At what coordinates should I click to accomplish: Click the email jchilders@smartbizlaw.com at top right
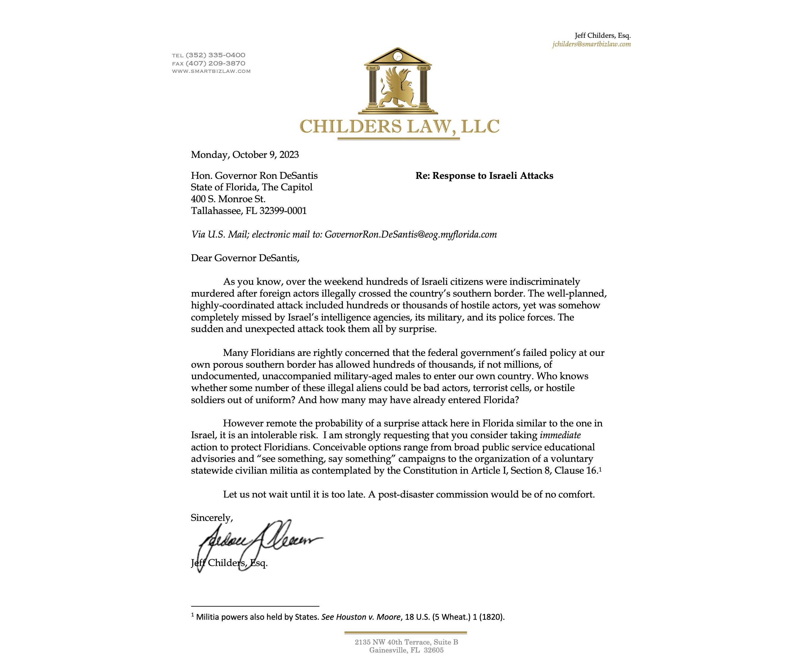[x=591, y=44]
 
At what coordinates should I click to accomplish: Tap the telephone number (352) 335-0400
[x=216, y=55]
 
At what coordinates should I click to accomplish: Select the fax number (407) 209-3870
[x=216, y=63]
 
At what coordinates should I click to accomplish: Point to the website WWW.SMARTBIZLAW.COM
[x=211, y=71]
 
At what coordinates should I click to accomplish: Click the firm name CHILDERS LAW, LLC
[x=399, y=127]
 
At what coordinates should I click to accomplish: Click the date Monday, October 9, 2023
[x=245, y=155]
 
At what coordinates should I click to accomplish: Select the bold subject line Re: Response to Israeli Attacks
[x=484, y=176]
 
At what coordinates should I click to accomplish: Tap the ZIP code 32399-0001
[x=283, y=211]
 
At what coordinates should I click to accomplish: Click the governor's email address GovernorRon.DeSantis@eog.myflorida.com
[x=411, y=234]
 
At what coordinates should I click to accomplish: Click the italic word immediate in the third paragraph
[x=560, y=435]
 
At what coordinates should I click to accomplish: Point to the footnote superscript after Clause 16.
[x=600, y=469]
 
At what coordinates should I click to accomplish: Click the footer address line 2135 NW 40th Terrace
[x=406, y=642]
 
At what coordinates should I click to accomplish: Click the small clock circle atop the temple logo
[x=398, y=57]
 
